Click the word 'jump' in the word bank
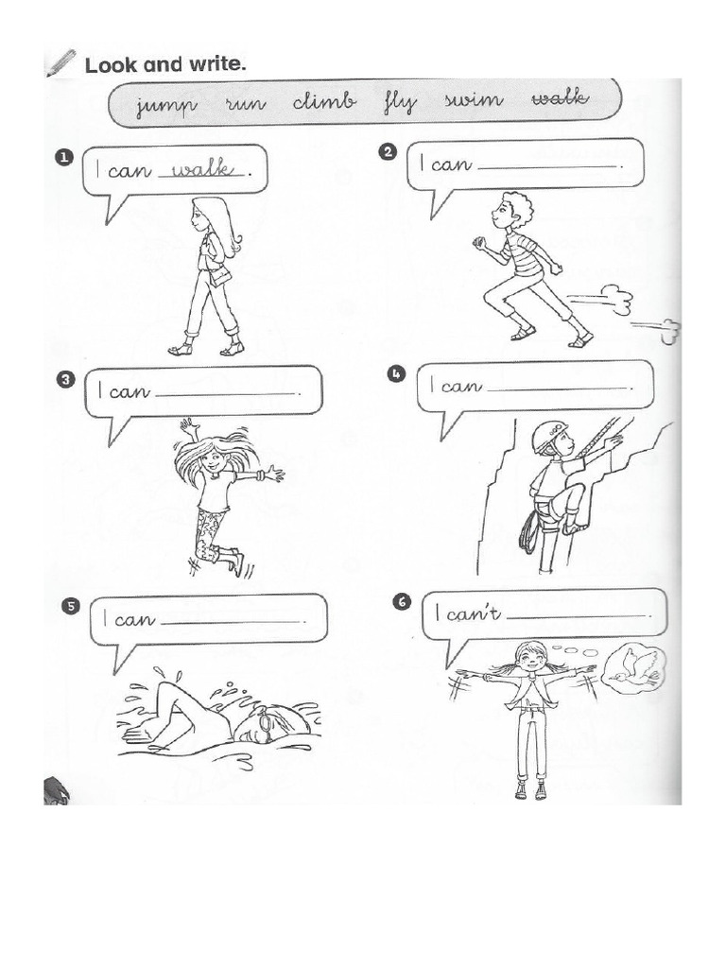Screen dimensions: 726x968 (166, 105)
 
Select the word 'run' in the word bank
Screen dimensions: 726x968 (246, 102)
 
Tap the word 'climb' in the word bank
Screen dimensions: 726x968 (324, 100)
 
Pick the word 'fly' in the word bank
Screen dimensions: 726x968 (400, 102)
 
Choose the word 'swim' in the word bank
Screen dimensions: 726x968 (475, 99)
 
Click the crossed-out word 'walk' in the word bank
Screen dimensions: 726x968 (560, 97)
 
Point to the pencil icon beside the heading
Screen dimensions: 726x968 (60, 62)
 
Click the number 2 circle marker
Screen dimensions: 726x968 (389, 152)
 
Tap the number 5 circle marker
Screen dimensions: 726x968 (71, 606)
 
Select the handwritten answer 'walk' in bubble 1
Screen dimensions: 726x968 (203, 168)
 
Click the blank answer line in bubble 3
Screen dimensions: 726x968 (227, 394)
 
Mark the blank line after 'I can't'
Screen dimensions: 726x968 (577, 616)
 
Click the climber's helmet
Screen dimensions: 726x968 (549, 435)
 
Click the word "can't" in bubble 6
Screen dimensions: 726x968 (474, 614)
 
